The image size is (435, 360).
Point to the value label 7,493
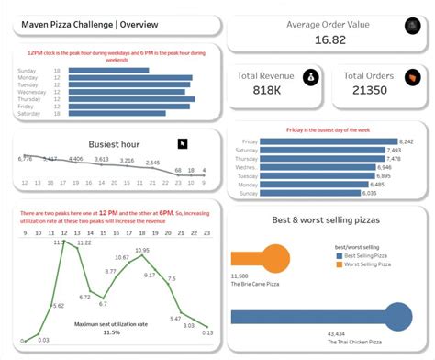[x=393, y=151]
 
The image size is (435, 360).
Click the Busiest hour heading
[x=115, y=144]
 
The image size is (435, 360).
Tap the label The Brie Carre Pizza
[x=255, y=284]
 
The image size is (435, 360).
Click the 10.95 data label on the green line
[x=142, y=250]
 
